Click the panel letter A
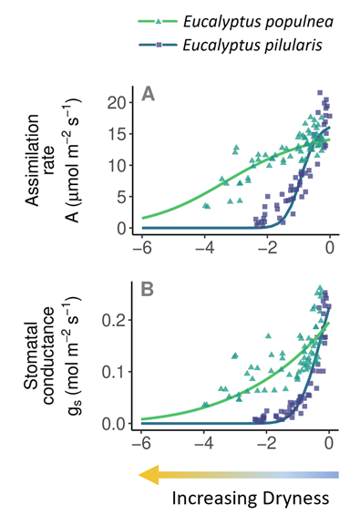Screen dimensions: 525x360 pos(148,94)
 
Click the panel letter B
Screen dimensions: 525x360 pos(148,292)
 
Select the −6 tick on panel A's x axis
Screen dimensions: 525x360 pos(140,247)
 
